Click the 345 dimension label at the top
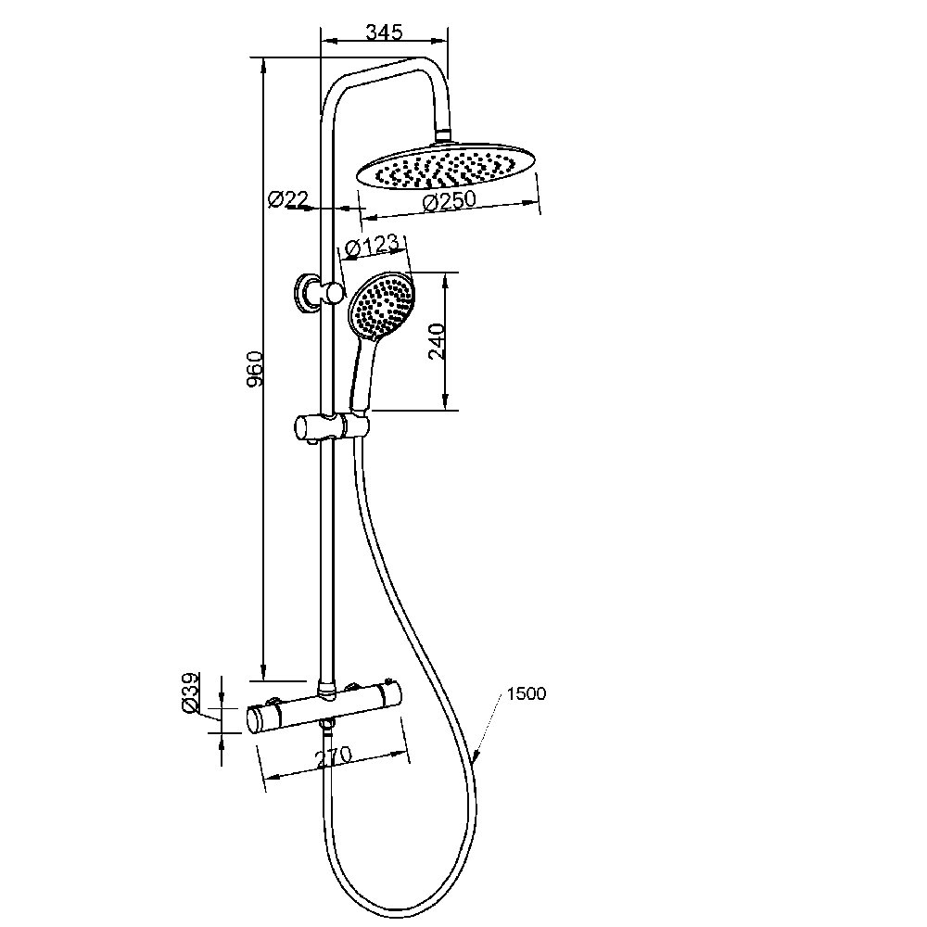click(384, 32)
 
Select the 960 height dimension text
click(254, 370)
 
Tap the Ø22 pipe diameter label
click(288, 199)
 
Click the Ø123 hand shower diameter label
click(372, 247)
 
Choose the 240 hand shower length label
click(437, 341)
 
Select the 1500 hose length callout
click(527, 693)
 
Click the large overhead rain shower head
click(447, 166)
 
